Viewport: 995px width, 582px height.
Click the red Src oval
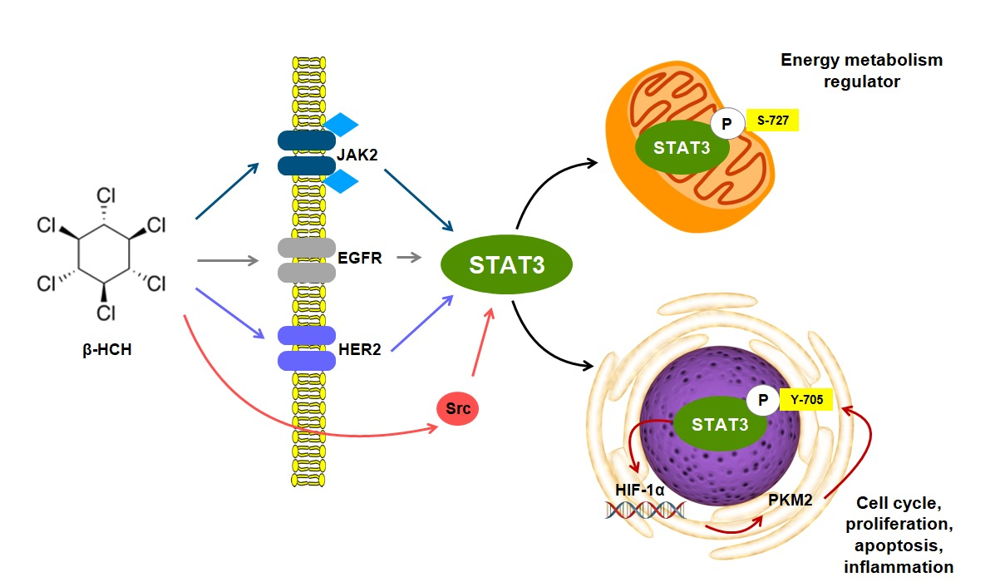click(x=458, y=409)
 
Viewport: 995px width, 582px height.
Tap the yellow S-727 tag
click(x=772, y=121)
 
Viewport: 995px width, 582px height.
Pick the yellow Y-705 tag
click(x=806, y=400)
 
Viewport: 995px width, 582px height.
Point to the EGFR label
click(x=360, y=259)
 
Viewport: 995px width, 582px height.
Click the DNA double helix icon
click(x=646, y=510)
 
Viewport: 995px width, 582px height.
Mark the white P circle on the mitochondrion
click(x=727, y=125)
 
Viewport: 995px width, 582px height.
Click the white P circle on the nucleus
click(x=761, y=401)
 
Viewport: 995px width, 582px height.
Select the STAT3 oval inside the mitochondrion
click(x=682, y=149)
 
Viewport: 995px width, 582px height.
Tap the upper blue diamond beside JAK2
click(x=341, y=126)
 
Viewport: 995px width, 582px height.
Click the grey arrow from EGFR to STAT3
click(x=408, y=259)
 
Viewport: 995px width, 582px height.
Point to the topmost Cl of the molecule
click(x=106, y=196)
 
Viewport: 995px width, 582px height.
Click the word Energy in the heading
click(x=809, y=61)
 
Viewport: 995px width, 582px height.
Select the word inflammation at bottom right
click(x=898, y=567)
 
